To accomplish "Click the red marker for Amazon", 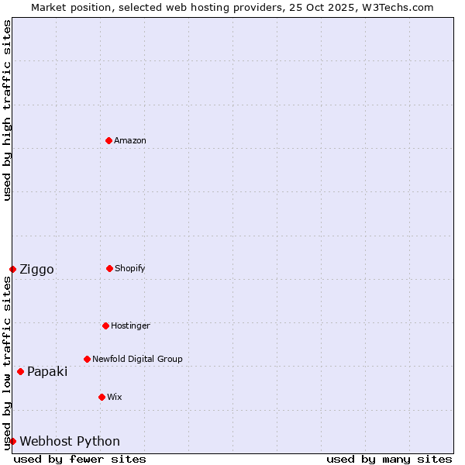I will click(x=108, y=140).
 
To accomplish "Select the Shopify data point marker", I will click(x=109, y=268).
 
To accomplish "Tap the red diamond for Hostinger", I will click(x=105, y=325).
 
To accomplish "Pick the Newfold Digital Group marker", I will click(x=87, y=359).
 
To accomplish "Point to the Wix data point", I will click(x=102, y=397).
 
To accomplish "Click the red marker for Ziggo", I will click(x=12, y=269).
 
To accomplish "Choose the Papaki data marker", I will click(x=20, y=371).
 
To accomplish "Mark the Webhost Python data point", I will click(x=12, y=441).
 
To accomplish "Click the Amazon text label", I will click(x=130, y=140).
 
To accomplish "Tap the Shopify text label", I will click(x=130, y=268).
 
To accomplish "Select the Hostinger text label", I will click(x=130, y=325).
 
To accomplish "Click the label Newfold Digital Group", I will click(x=137, y=359).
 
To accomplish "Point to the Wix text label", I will click(x=115, y=397).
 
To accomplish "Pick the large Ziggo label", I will click(x=36, y=269).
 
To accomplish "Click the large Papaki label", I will click(x=47, y=371).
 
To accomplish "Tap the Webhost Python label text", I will click(x=70, y=441).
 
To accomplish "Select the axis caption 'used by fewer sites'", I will click(x=80, y=459).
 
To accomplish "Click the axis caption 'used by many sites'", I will click(x=389, y=459).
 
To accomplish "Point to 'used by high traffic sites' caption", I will click(x=7, y=110).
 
